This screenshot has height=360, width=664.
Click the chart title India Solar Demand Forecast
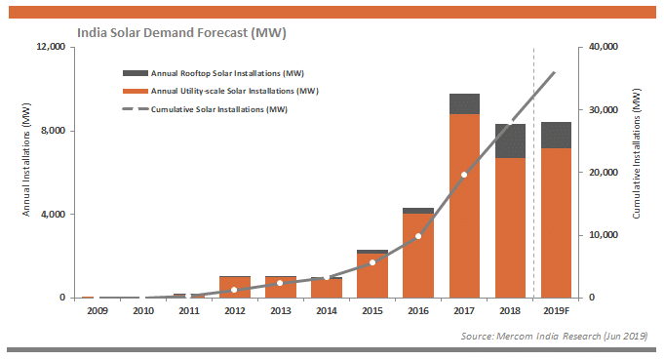coord(181,32)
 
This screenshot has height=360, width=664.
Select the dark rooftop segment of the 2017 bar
coord(464,103)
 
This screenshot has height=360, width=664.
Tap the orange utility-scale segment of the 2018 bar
coord(510,228)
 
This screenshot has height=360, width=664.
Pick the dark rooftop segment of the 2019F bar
coord(556,135)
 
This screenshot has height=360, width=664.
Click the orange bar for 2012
coord(235,287)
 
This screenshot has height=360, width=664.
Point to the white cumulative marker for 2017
coord(464,175)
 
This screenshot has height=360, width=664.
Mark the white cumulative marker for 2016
coord(418,236)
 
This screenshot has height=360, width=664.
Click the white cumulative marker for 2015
coord(372,262)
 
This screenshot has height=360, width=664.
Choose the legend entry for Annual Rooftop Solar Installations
coord(214,73)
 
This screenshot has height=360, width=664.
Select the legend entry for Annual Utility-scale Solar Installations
coord(220,91)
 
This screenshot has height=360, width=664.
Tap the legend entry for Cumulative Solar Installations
coord(205,109)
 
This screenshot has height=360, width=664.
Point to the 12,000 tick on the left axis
coord(51,47)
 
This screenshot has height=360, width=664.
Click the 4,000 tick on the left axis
coord(54,215)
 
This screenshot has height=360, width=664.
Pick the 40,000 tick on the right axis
coord(604,47)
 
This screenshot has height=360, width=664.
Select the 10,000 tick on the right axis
coord(604,235)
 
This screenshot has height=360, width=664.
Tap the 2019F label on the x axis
coord(557,311)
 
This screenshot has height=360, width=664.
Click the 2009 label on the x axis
coord(98,311)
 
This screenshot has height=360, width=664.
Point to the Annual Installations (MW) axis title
coord(26,160)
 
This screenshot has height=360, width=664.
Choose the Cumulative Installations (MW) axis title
coord(637,153)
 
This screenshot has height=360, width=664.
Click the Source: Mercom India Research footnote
coord(555,337)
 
